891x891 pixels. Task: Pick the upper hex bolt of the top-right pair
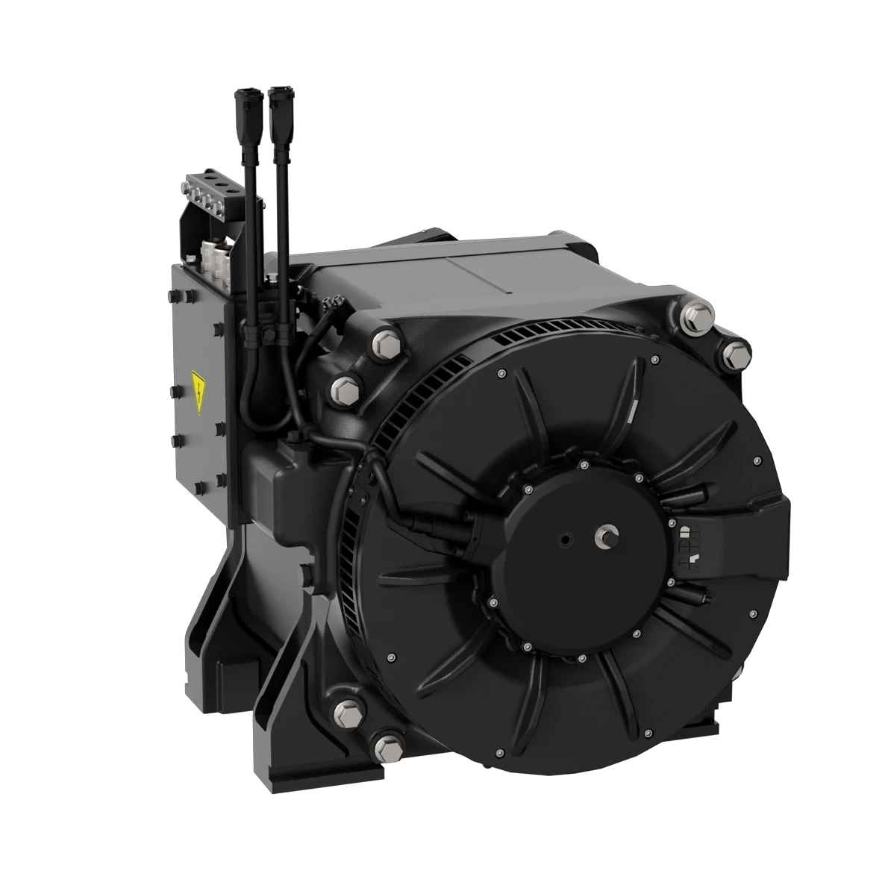(x=695, y=316)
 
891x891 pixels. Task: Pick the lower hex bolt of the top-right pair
(x=734, y=351)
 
